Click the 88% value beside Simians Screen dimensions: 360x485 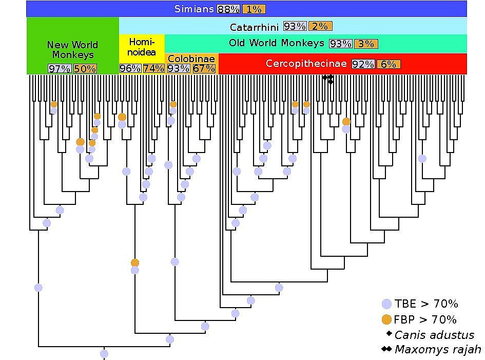(x=228, y=9)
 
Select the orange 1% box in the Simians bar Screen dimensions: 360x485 (x=253, y=9)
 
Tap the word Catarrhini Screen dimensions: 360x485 (x=254, y=26)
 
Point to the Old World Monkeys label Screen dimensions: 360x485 (x=277, y=43)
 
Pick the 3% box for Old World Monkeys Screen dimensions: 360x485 (x=366, y=44)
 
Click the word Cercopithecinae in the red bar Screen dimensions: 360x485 (x=306, y=64)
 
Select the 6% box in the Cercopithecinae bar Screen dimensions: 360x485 (x=389, y=64)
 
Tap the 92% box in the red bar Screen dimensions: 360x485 (x=363, y=64)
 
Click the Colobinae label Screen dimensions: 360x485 (x=191, y=59)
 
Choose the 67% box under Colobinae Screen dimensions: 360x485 (x=204, y=68)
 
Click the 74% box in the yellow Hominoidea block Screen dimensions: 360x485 (x=153, y=68)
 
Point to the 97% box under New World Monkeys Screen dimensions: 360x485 (x=59, y=68)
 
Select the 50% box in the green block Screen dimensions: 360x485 (x=85, y=68)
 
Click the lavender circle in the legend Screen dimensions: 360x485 (x=387, y=304)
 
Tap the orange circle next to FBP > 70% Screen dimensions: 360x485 (x=387, y=319)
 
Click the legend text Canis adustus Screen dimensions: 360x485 (x=434, y=335)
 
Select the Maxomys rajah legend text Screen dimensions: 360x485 (x=437, y=350)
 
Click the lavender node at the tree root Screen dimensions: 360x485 (x=104, y=354)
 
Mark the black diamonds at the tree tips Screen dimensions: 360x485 (x=328, y=79)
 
